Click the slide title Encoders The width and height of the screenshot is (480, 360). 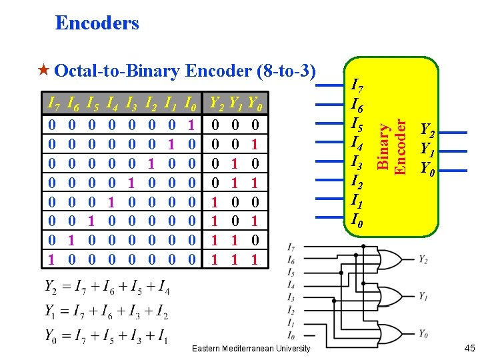pyautogui.click(x=97, y=23)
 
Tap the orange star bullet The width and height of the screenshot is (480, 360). pyautogui.click(x=44, y=70)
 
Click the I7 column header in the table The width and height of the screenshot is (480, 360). pyautogui.click(x=54, y=103)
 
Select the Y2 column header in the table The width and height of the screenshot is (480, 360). pyautogui.click(x=217, y=103)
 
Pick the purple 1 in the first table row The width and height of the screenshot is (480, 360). pyautogui.click(x=191, y=125)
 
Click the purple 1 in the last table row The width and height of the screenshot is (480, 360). pyautogui.click(x=51, y=259)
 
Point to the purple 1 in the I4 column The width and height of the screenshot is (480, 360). pyautogui.click(x=111, y=202)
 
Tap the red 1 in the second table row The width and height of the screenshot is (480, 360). pyautogui.click(x=255, y=144)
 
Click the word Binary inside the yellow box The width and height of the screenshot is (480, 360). pyautogui.click(x=383, y=146)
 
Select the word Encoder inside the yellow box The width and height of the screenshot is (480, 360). pyautogui.click(x=400, y=147)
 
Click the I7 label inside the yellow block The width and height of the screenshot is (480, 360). pyautogui.click(x=357, y=85)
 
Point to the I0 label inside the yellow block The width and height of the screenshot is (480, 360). pyautogui.click(x=357, y=220)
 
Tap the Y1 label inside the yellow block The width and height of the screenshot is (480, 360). pyautogui.click(x=427, y=149)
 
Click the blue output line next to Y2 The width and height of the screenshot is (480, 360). pyautogui.click(x=453, y=133)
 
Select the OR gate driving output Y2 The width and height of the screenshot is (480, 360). pyautogui.click(x=390, y=259)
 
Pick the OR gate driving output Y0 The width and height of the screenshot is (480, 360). pyautogui.click(x=390, y=334)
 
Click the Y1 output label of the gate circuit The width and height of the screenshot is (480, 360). pyautogui.click(x=423, y=296)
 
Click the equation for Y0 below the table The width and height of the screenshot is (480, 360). pyautogui.click(x=107, y=336)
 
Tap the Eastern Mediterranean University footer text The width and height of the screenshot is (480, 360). pyautogui.click(x=251, y=349)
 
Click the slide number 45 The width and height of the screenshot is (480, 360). pyautogui.click(x=469, y=348)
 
